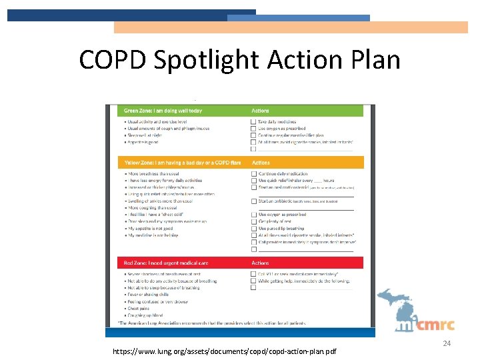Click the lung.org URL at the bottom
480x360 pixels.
point(225,350)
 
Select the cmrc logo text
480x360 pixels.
point(437,325)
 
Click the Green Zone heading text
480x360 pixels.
point(163,111)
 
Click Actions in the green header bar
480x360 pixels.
point(261,111)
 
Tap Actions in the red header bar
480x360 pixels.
point(261,263)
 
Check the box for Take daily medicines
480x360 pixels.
point(253,122)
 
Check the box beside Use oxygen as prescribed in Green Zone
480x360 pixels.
point(253,129)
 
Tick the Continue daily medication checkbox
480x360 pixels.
point(253,174)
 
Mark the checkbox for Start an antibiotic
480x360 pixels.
point(253,201)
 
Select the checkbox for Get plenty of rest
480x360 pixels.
point(253,221)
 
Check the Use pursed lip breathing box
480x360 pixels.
point(253,228)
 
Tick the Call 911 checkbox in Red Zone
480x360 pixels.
point(253,274)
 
